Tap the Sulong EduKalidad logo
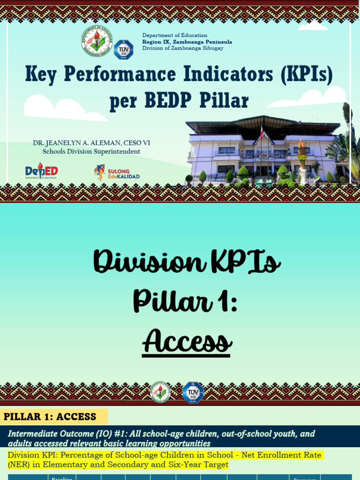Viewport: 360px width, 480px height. tap(117, 172)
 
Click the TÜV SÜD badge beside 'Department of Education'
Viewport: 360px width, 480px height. tap(124, 50)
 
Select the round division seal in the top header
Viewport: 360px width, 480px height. tap(97, 41)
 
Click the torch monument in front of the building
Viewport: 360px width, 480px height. tap(301, 162)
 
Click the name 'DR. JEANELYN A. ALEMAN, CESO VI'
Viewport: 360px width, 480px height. tap(91, 143)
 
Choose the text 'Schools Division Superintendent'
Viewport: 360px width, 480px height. tap(91, 151)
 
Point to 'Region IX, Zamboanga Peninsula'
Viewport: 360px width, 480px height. tap(187, 42)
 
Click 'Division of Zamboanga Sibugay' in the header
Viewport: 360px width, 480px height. tap(183, 48)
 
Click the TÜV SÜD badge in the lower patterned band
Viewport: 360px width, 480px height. tap(193, 393)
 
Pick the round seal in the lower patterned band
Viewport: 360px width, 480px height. tap(160, 393)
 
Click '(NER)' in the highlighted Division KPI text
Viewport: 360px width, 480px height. tap(18, 465)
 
